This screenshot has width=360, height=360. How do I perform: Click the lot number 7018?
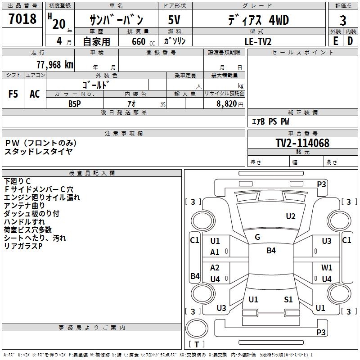(x=22, y=20)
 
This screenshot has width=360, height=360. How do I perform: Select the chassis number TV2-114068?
(x=302, y=143)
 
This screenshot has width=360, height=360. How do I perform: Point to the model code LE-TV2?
(x=258, y=41)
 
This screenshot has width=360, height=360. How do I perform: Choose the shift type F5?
(x=13, y=94)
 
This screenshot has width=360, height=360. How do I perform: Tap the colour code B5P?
(x=74, y=103)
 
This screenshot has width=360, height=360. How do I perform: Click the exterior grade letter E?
(x=335, y=41)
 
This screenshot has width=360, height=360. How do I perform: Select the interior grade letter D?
(x=350, y=41)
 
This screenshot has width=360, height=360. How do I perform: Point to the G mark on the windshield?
(x=257, y=237)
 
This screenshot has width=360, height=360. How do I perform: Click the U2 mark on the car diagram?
(x=291, y=216)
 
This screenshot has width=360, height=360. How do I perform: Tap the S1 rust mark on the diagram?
(x=288, y=299)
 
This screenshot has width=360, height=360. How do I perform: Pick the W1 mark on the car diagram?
(x=327, y=268)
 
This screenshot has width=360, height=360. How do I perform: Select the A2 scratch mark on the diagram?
(x=215, y=268)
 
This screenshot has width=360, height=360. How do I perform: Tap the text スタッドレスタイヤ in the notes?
(x=38, y=151)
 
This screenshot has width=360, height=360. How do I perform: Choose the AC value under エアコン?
(x=35, y=94)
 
